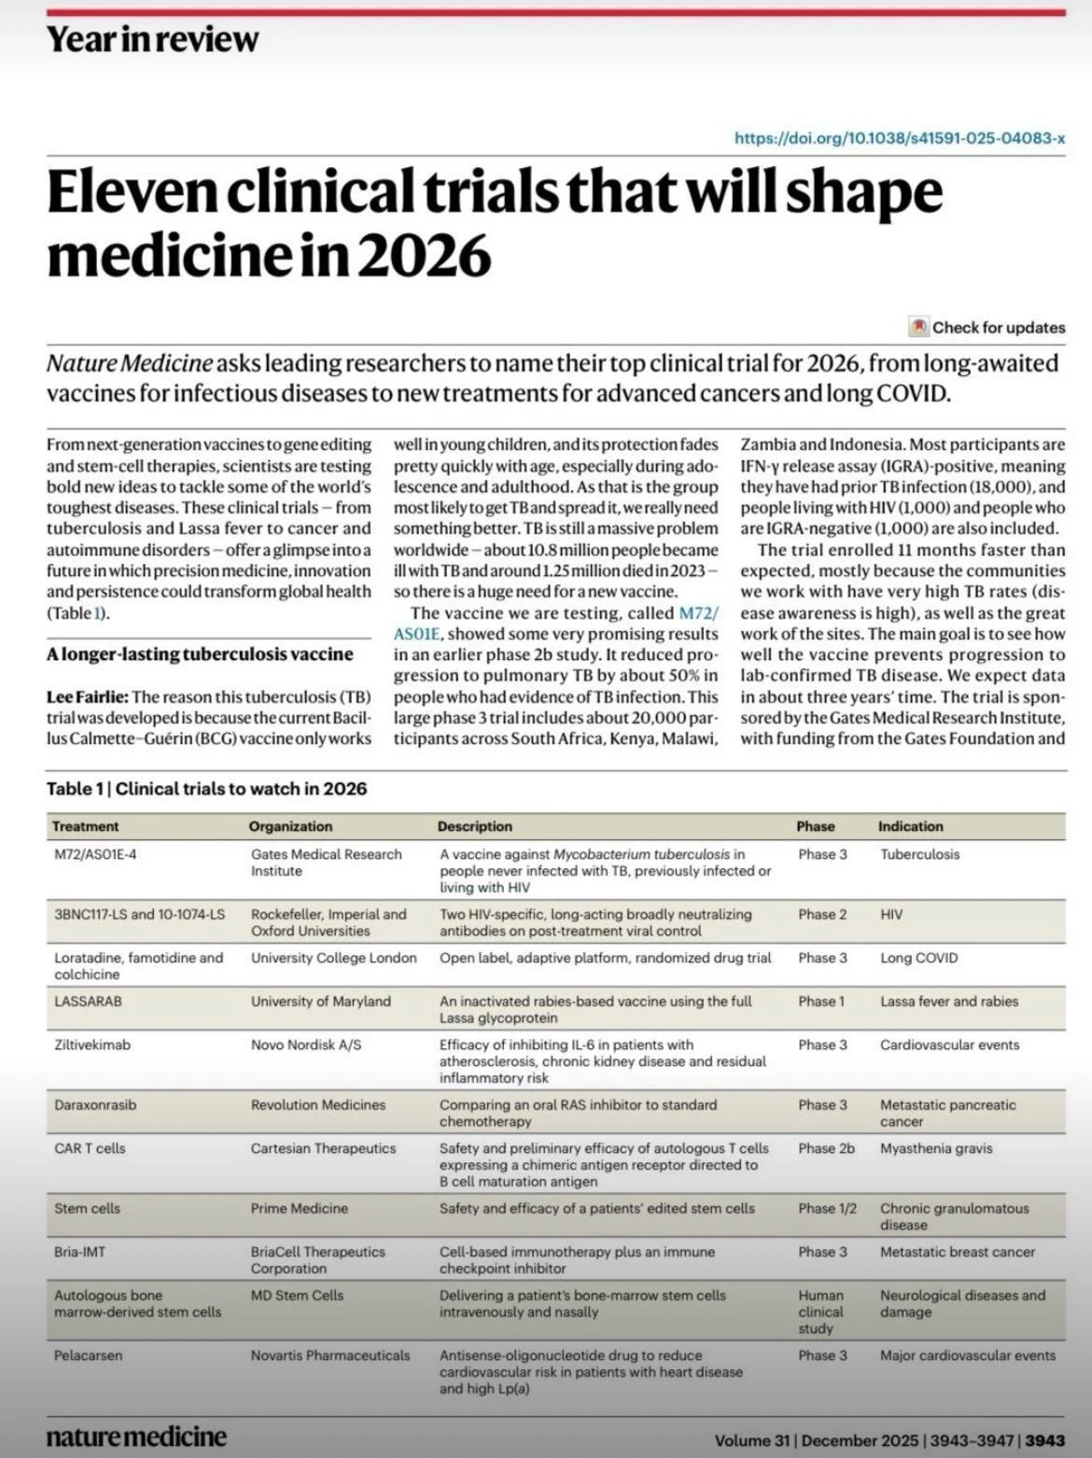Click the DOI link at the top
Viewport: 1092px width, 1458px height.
pos(900,138)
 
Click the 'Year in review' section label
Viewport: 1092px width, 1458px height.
pos(152,39)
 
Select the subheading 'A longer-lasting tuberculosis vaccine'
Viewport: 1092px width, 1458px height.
pos(200,654)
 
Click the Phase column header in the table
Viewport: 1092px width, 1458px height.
pos(815,826)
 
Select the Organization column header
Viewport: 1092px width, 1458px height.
pos(290,826)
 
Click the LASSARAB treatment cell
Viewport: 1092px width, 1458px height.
pos(88,1002)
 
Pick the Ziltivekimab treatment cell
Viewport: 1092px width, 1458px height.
pos(92,1045)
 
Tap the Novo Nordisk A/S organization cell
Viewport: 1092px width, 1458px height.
pos(305,1045)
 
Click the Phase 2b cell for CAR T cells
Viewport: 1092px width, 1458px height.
pos(826,1149)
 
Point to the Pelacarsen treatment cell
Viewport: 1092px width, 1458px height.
pos(88,1355)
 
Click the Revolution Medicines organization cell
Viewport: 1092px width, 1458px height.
pos(317,1105)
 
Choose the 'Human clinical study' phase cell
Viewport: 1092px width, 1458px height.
pos(820,1311)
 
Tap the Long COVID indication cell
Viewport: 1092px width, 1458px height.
pos(918,958)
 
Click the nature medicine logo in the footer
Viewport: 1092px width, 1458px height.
pos(136,1436)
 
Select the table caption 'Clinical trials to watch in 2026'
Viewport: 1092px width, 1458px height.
pos(241,789)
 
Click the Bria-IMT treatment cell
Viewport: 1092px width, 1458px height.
pos(79,1252)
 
